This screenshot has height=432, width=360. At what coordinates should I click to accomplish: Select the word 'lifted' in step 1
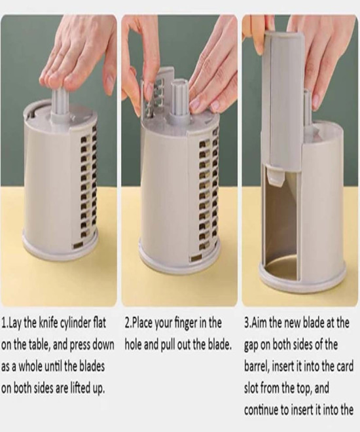click(x=77, y=388)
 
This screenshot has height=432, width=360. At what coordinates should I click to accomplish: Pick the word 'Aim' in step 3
click(x=258, y=323)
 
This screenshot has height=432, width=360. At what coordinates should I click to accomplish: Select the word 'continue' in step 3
click(x=261, y=410)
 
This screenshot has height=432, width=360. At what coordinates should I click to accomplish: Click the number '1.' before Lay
click(x=5, y=323)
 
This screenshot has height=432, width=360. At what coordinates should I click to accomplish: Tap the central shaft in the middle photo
click(x=180, y=102)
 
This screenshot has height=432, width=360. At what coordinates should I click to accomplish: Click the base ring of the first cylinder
click(x=61, y=253)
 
